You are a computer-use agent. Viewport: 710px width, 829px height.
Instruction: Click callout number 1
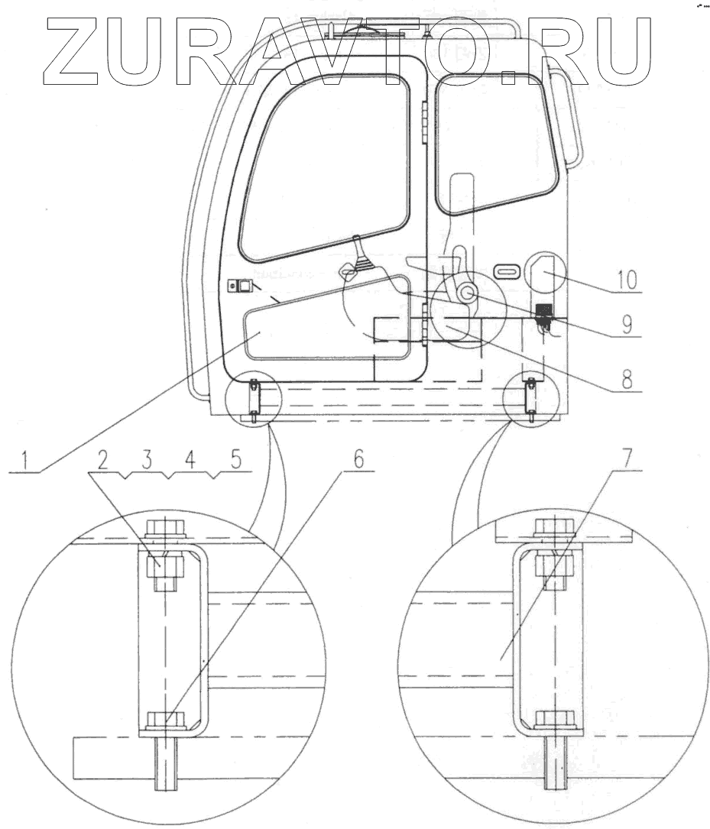point(25,460)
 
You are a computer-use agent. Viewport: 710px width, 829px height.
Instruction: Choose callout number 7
point(626,459)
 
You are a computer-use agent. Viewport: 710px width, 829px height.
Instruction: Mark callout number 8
point(627,379)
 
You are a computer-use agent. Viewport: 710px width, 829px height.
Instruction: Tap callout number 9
point(627,325)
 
